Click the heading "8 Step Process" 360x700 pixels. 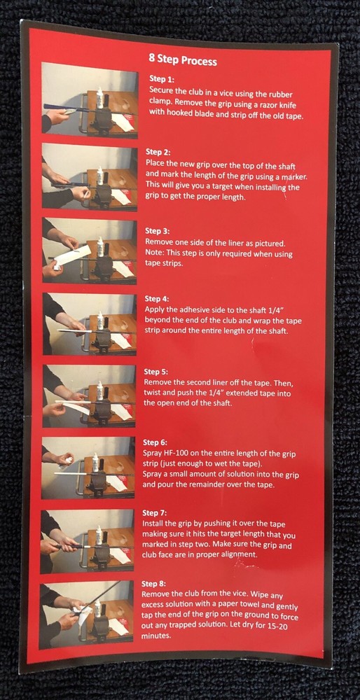coord(183,59)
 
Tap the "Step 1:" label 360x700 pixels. coord(161,80)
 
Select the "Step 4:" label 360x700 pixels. coord(157,298)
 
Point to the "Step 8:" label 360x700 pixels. coord(153,584)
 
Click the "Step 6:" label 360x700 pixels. coord(155,443)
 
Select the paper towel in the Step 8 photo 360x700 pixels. coord(83,614)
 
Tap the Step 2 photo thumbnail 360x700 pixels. coord(90,176)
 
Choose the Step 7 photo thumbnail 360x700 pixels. coord(87,541)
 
